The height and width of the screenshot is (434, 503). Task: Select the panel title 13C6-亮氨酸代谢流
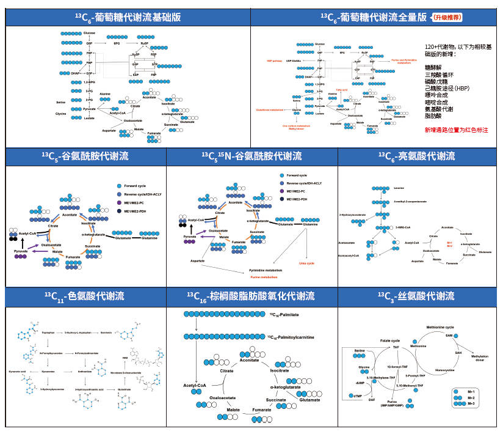(416, 156)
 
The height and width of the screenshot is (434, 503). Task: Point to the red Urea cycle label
(307, 263)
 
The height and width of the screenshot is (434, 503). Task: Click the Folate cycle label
(390, 340)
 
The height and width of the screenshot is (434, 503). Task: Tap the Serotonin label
(107, 332)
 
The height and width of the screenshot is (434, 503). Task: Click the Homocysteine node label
(446, 369)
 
